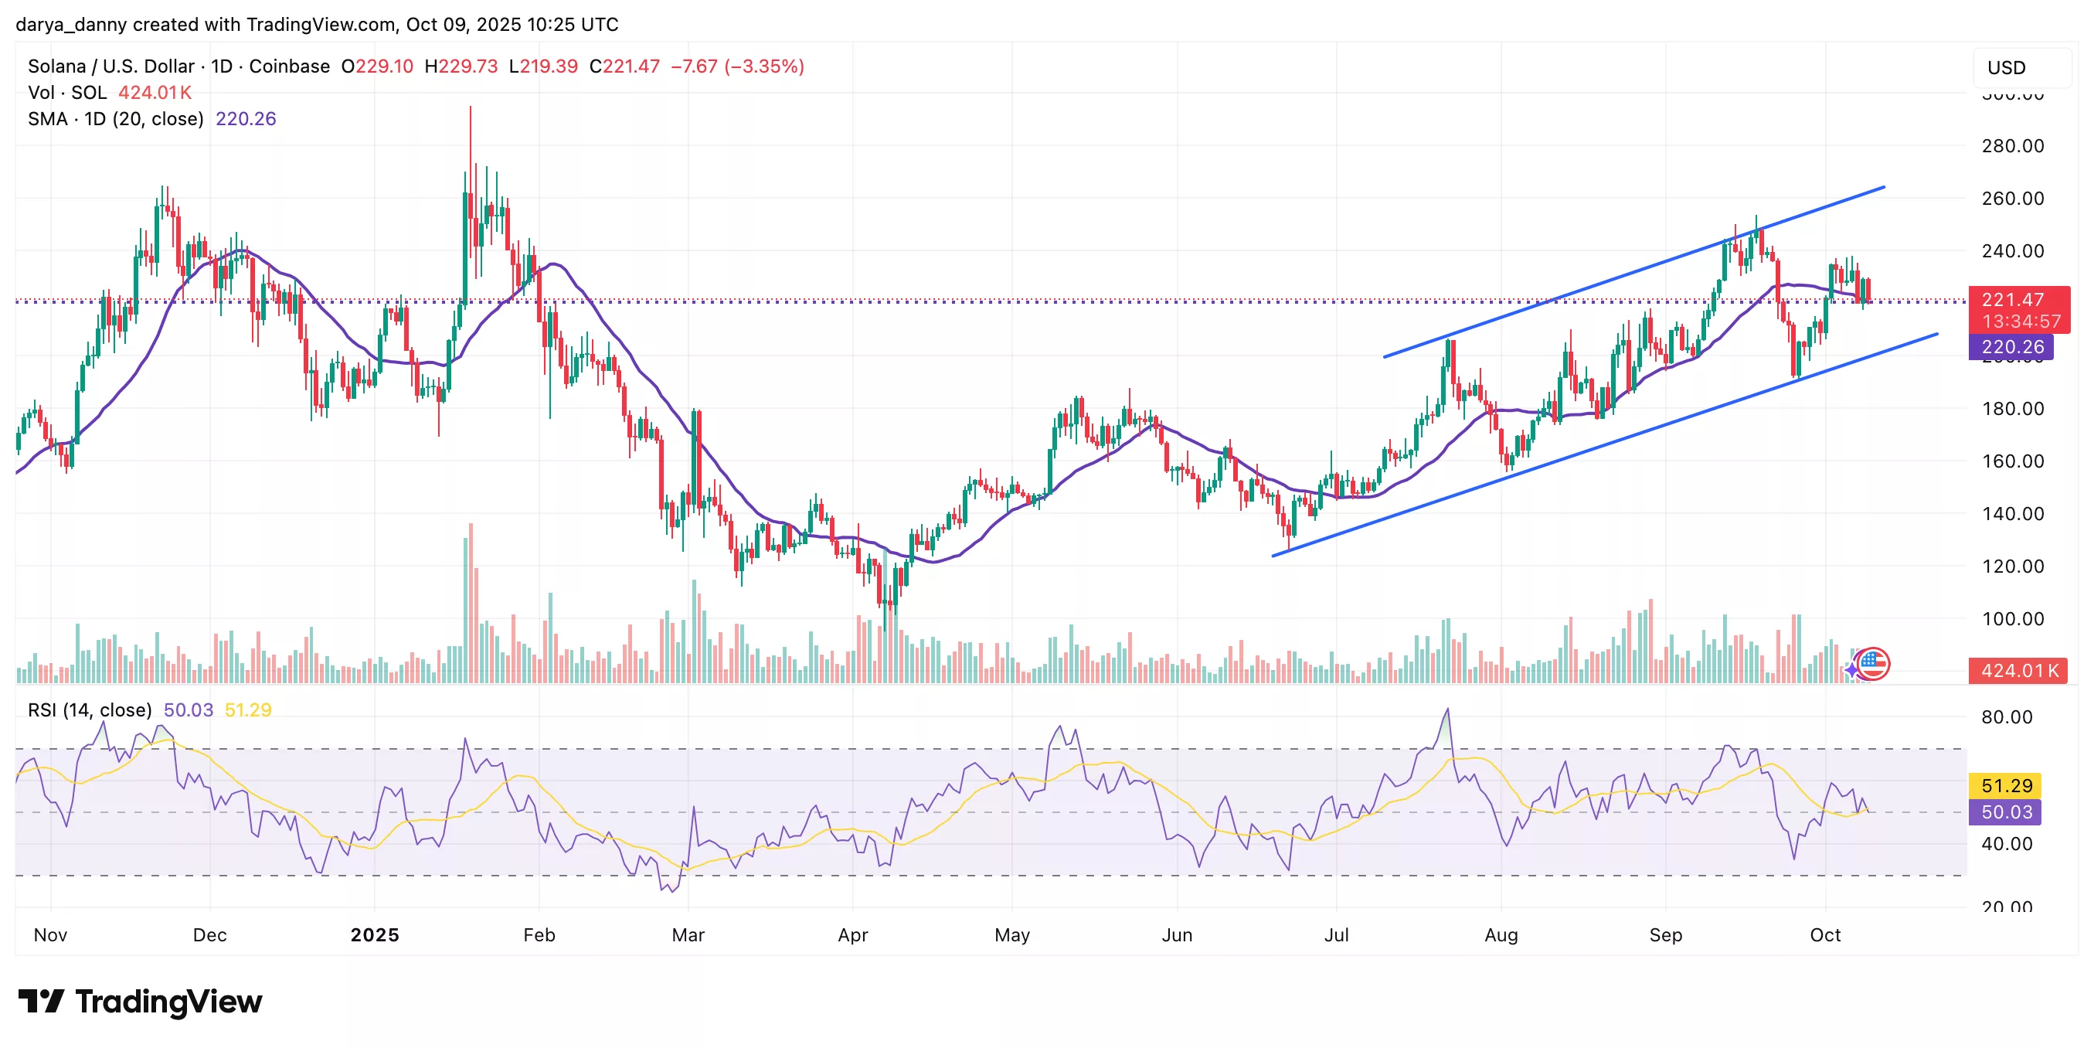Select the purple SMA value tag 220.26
(2011, 347)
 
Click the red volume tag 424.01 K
(2018, 671)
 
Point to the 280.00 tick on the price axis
(2012, 146)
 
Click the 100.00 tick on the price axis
(2012, 619)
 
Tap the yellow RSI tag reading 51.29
(2005, 785)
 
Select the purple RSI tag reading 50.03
(2005, 812)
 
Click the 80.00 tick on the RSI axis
(2005, 717)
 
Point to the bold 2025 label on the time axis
(375, 935)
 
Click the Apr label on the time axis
(853, 935)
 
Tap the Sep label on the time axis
(1666, 935)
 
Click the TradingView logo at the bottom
(140, 1002)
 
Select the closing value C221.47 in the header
(624, 66)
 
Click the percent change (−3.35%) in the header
(764, 66)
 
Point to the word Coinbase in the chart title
(290, 66)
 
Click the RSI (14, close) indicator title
(90, 710)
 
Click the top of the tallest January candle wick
(470, 107)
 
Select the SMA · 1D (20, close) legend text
(115, 120)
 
